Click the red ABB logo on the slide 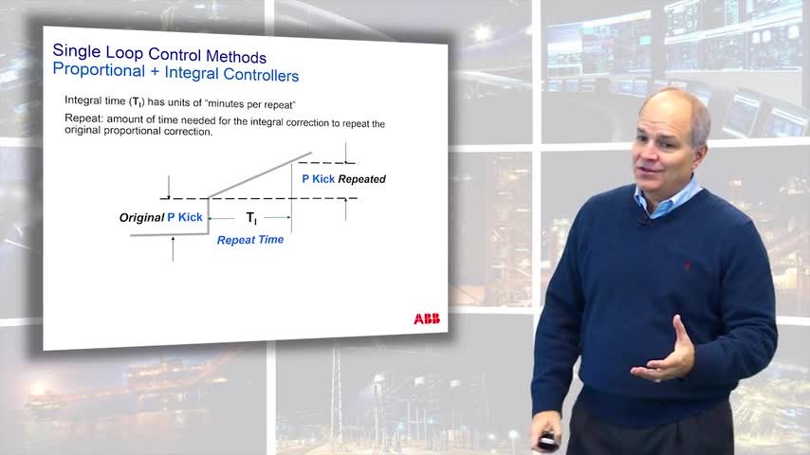coord(427,318)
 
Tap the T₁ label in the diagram coord(251,218)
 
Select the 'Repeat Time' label coord(250,240)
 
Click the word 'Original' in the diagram coord(141,217)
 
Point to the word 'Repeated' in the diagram coord(362,179)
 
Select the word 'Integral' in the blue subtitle coord(192,72)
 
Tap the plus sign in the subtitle coord(155,72)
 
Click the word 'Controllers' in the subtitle coord(261,75)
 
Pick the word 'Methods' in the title coord(236,56)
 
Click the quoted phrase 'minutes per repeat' coord(251,104)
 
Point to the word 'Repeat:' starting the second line coord(83,118)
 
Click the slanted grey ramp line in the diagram coord(260,175)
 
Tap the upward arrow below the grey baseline coord(173,249)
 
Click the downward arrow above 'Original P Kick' coord(169,187)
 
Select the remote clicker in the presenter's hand coord(546,442)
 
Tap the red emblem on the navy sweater coord(687,265)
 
